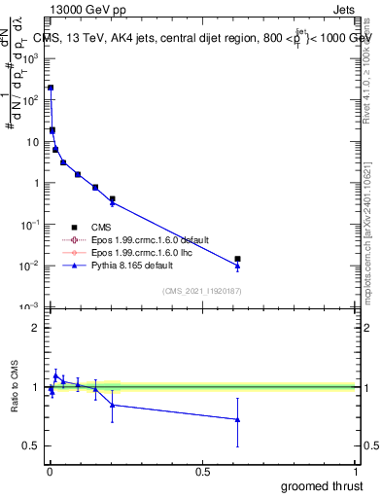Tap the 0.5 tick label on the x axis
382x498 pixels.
202,471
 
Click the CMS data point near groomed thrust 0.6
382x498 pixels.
237,259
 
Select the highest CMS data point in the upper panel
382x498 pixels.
50,88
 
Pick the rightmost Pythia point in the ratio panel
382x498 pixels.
237,420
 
